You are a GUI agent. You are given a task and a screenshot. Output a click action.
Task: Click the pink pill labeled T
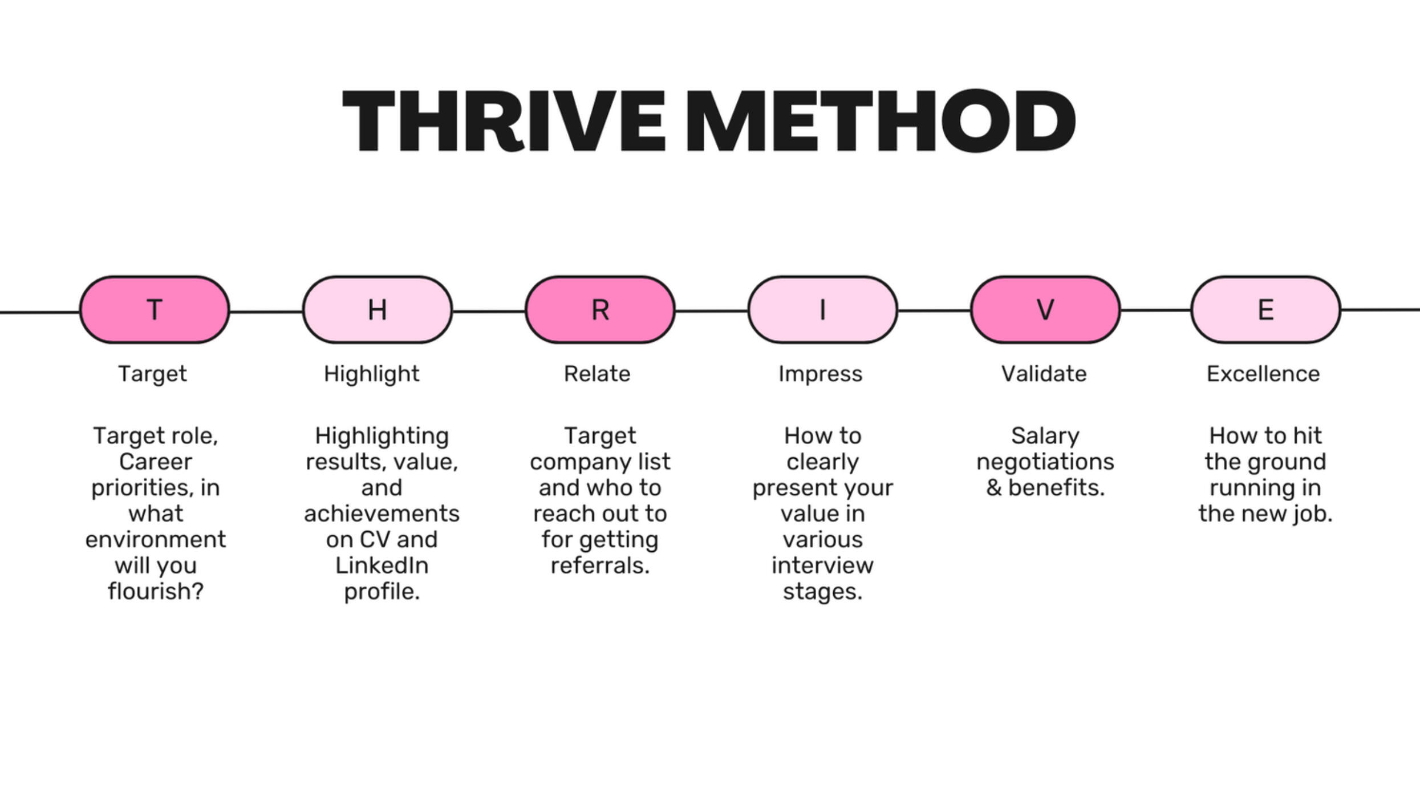tap(155, 310)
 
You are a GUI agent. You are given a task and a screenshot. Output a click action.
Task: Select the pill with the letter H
tap(378, 310)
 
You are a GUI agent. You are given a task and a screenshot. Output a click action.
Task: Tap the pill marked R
tap(600, 310)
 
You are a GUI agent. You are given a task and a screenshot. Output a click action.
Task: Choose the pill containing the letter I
tap(822, 310)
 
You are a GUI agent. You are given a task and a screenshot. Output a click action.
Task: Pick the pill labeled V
tap(1045, 310)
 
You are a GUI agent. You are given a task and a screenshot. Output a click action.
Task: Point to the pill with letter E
tap(1265, 310)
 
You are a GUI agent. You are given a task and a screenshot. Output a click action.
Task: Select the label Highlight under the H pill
tap(371, 374)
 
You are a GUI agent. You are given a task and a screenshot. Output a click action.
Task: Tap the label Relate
tap(597, 374)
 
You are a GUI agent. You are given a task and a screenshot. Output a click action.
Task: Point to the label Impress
tap(820, 374)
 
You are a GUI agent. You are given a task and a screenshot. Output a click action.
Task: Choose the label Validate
tap(1044, 374)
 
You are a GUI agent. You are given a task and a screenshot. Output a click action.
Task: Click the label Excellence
tap(1263, 374)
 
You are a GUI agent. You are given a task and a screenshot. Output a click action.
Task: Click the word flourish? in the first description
tap(156, 591)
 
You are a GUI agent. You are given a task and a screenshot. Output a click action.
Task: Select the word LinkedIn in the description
tap(382, 565)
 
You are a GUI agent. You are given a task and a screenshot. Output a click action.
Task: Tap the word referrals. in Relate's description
tap(600, 565)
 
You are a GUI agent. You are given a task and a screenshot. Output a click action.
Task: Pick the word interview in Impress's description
tap(822, 565)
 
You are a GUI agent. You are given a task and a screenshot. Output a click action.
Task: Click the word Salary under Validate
tap(1045, 436)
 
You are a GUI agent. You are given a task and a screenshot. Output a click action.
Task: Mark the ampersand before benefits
tap(994, 488)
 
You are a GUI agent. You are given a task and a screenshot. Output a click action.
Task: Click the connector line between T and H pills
tap(266, 312)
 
